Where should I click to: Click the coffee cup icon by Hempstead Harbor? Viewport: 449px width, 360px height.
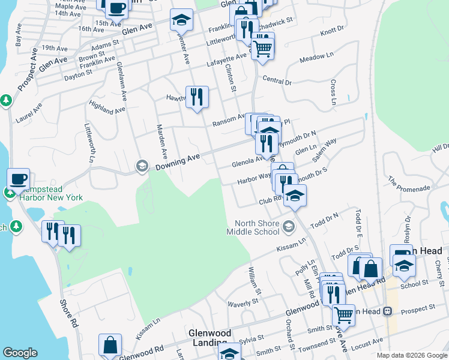coord(19,178)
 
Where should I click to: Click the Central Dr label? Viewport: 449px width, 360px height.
coord(277,81)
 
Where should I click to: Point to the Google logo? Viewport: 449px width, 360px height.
coord(20,353)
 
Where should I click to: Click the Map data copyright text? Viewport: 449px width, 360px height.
coord(412,355)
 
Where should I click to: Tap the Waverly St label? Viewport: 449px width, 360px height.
coord(243,304)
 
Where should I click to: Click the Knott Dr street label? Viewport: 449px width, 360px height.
coord(332,31)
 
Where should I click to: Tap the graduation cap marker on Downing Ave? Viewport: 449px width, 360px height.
coord(142,166)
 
